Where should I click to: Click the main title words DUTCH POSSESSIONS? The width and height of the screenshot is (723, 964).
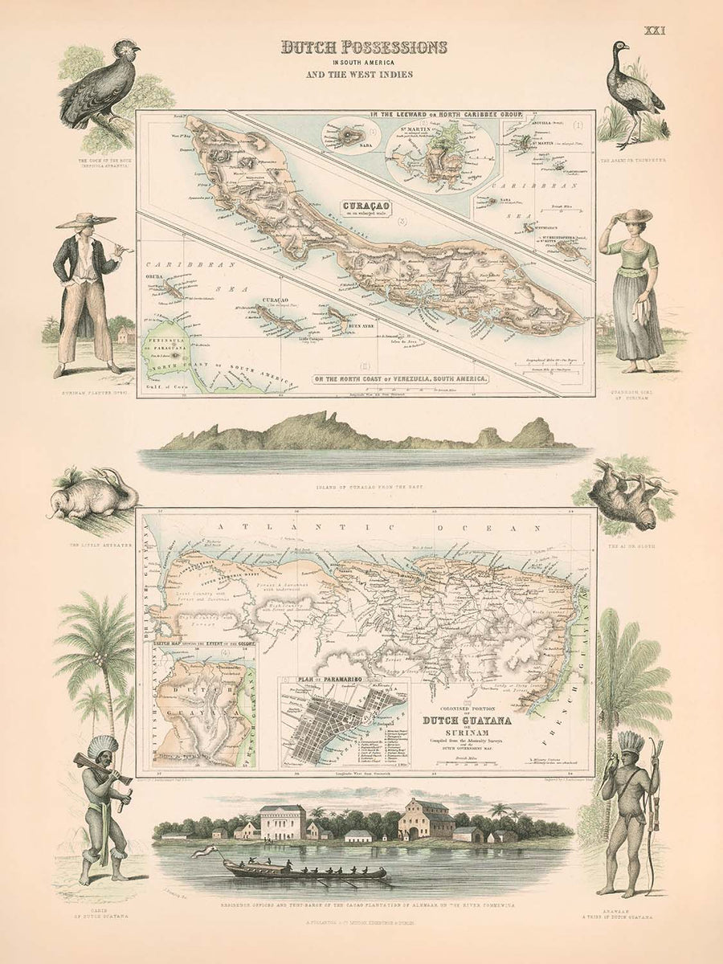[363, 47]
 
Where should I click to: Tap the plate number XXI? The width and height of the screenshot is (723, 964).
[656, 31]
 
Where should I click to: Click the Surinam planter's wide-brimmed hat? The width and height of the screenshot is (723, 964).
[84, 219]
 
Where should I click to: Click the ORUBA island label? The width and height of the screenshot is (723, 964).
[155, 278]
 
